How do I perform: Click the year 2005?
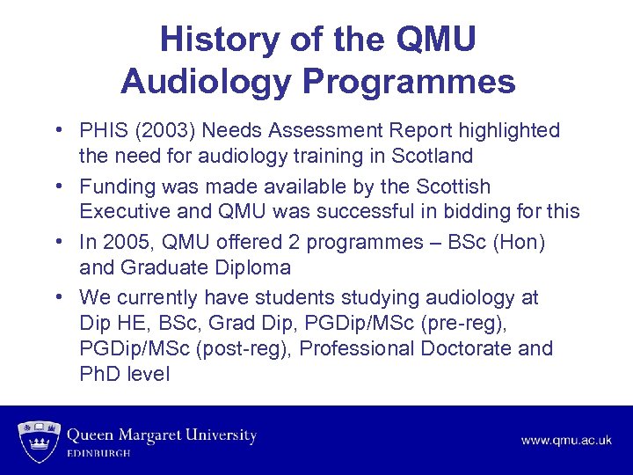coord(120,241)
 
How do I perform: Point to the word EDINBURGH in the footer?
coord(98,454)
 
